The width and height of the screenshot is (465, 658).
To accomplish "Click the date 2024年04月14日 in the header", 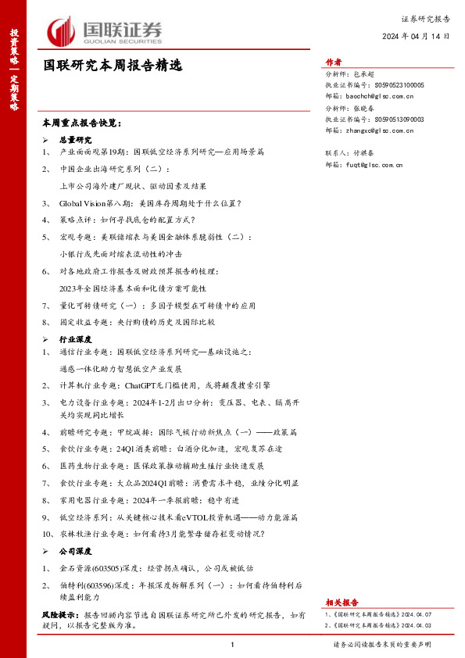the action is click(x=417, y=37).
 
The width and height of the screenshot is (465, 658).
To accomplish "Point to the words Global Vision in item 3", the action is click(x=86, y=203).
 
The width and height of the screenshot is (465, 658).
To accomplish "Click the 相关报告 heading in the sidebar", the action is click(x=342, y=603).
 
